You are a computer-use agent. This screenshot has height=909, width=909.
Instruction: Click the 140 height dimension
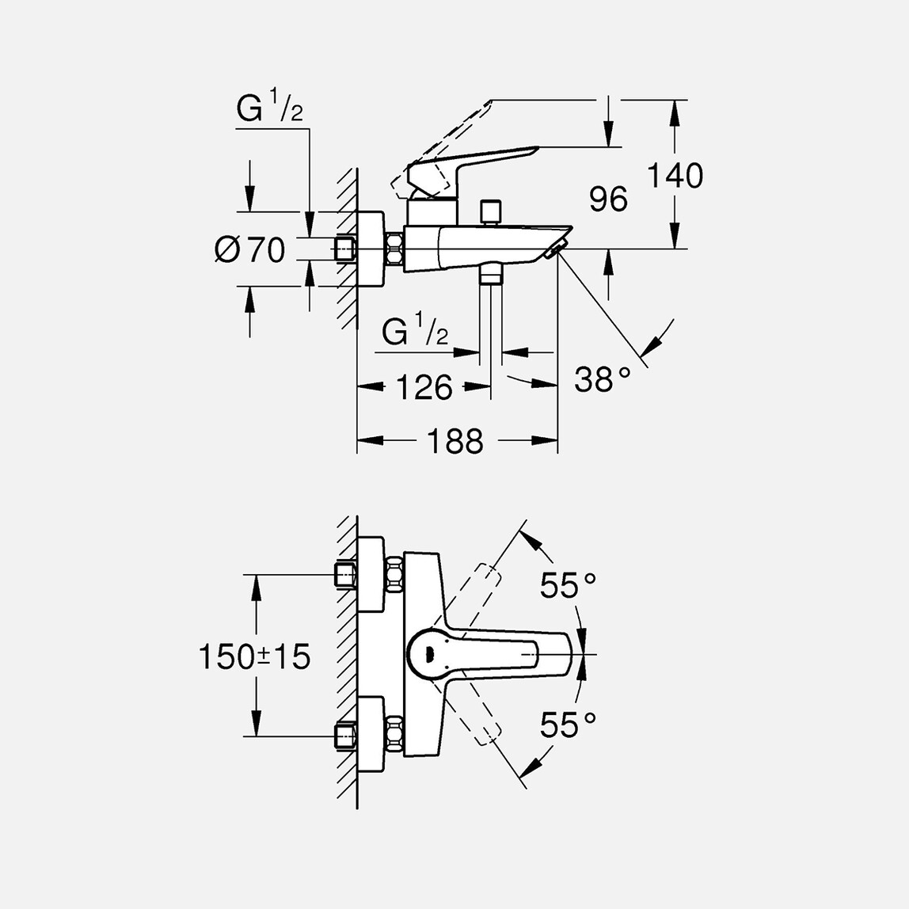tap(675, 176)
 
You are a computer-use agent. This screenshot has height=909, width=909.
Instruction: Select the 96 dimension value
tap(608, 200)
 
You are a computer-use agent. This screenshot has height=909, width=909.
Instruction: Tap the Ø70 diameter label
tap(249, 251)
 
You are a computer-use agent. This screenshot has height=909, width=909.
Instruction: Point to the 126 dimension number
tap(424, 387)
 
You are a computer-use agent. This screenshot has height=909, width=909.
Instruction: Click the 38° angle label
tap(603, 380)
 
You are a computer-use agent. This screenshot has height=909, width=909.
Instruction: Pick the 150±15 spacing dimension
tap(254, 657)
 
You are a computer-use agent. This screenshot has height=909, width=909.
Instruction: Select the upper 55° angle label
tap(568, 586)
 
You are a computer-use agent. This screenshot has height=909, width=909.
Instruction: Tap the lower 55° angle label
tap(568, 725)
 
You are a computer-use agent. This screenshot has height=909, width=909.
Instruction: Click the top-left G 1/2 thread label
tap(269, 110)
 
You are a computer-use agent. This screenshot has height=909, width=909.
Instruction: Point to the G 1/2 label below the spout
tap(414, 333)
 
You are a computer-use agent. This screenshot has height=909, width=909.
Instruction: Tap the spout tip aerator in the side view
tap(554, 252)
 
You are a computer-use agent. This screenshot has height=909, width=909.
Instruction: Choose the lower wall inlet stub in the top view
tap(345, 736)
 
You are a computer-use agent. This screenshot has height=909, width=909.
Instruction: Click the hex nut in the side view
tap(394, 250)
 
